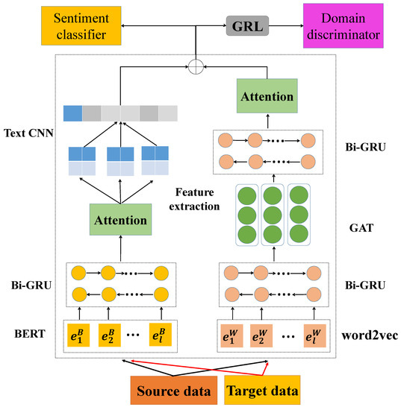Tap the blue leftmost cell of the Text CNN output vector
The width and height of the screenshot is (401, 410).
click(x=71, y=113)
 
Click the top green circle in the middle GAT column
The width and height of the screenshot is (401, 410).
click(x=271, y=198)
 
